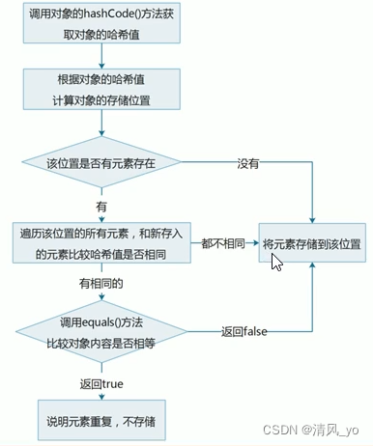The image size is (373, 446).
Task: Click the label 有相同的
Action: click(101, 283)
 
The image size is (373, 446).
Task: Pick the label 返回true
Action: click(101, 381)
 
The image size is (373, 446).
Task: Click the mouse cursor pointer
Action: click(276, 262)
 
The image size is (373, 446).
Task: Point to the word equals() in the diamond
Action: click(100, 321)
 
